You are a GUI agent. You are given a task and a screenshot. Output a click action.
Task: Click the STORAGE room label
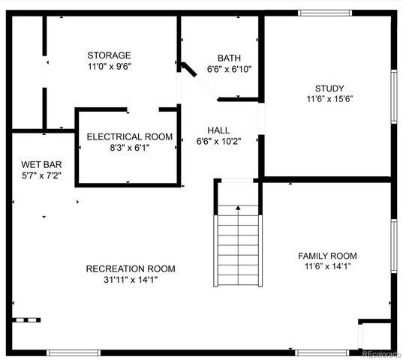click(109, 55)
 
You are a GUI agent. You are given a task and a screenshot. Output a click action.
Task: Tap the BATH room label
click(229, 58)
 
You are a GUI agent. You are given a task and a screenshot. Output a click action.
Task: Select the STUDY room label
click(329, 88)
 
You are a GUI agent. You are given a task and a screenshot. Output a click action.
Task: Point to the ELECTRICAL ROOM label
click(130, 137)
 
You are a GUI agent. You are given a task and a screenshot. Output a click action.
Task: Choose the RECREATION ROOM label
click(131, 269)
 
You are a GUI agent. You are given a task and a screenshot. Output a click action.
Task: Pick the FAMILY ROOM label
click(327, 256)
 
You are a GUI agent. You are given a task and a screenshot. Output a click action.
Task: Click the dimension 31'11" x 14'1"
click(131, 280)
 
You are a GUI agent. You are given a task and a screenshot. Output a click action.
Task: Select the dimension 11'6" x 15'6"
click(329, 98)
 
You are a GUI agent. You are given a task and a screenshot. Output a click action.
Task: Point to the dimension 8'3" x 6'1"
click(130, 148)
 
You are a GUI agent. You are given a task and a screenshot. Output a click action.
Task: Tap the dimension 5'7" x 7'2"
click(41, 175)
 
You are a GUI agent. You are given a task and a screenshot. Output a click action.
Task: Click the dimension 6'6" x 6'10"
click(229, 69)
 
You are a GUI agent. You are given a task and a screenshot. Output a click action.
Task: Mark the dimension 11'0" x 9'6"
click(109, 66)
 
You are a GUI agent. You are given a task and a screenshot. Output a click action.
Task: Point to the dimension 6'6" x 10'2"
click(218, 140)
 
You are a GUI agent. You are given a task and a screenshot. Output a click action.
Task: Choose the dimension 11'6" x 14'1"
click(327, 266)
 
